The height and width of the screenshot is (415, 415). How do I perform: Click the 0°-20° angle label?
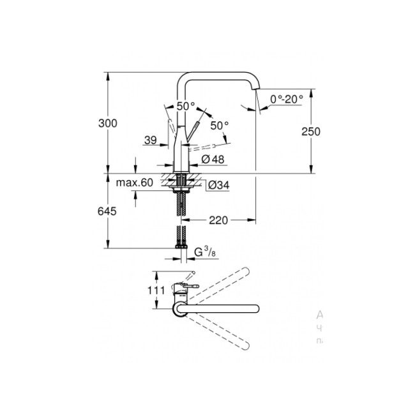point(285,99)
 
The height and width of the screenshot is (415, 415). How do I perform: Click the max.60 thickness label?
point(135,183)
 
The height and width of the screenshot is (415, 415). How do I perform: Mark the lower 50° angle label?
point(219,126)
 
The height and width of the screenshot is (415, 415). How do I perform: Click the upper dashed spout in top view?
point(217,280)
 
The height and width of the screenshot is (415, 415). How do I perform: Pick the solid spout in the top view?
point(223,309)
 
